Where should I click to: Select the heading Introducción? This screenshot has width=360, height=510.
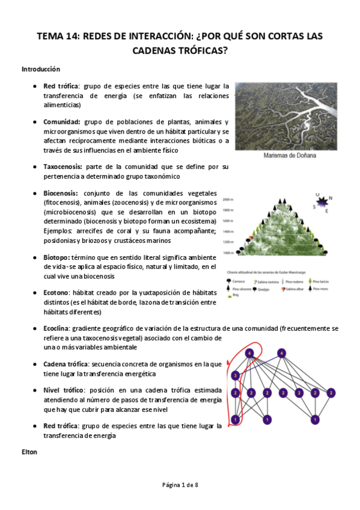click(x=41, y=69)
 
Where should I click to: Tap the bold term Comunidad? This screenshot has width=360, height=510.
click(x=63, y=121)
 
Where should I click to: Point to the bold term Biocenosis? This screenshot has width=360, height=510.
click(x=61, y=193)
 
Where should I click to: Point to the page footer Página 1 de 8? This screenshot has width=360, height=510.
click(x=180, y=485)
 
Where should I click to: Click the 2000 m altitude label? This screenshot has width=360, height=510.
click(x=227, y=199)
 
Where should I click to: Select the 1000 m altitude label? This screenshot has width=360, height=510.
click(x=227, y=253)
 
